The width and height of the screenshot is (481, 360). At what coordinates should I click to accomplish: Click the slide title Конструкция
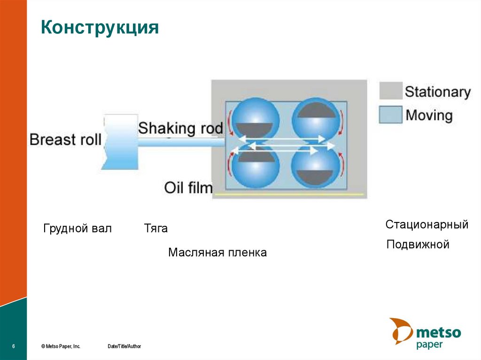tap(100, 28)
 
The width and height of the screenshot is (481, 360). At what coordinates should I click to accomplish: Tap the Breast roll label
tap(65, 139)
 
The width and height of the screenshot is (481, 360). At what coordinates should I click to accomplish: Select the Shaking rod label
tap(180, 128)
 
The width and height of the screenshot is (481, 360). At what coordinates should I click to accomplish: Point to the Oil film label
tap(188, 188)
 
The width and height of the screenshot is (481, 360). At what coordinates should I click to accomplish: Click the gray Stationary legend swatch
tap(391, 91)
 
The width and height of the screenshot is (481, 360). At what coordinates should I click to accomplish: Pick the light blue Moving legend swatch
tap(391, 115)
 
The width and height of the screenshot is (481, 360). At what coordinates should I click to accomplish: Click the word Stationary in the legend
tap(437, 92)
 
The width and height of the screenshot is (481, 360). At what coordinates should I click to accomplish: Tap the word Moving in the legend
tap(429, 115)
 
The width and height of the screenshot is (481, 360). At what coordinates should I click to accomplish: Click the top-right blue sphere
tap(316, 117)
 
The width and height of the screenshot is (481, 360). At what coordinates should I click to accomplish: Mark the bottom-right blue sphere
tap(316, 165)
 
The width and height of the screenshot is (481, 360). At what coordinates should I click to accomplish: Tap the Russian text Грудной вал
tap(78, 229)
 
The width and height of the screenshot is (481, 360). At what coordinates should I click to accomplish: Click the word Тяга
tap(156, 229)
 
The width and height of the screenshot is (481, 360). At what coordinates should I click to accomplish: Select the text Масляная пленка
tap(217, 253)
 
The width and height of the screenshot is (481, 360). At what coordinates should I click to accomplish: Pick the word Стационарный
tap(427, 224)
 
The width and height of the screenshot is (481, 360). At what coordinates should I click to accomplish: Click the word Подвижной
tap(418, 245)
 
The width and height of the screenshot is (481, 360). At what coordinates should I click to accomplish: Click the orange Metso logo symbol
tap(400, 331)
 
